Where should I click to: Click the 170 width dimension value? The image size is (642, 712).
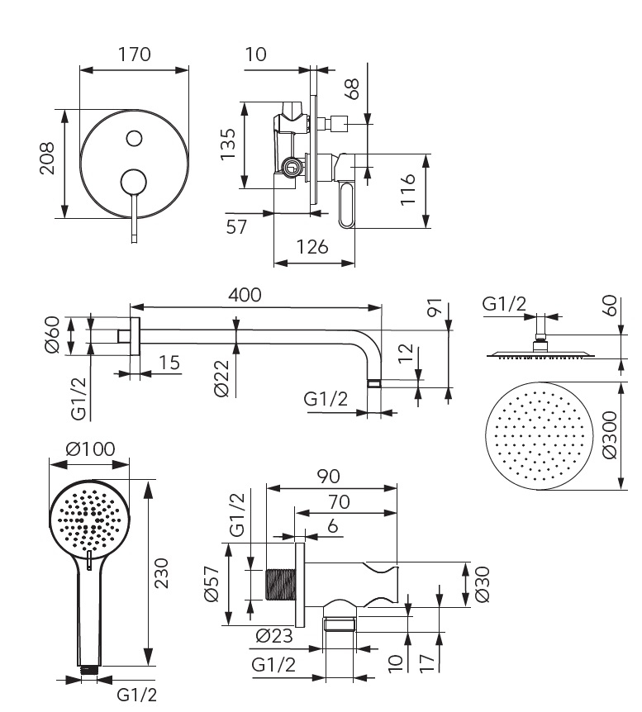coord(134,55)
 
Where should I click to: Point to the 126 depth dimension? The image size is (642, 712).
coord(312,246)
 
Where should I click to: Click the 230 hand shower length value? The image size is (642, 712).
coord(162,572)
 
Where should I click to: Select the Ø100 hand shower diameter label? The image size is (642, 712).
coord(90,450)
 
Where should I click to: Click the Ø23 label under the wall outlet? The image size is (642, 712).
coord(273,635)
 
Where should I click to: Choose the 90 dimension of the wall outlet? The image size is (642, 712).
coord(328,477)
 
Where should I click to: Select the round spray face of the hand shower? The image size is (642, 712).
coord(90,519)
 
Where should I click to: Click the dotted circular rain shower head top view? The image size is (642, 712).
coord(539,436)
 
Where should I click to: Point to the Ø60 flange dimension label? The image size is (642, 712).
coord(50,335)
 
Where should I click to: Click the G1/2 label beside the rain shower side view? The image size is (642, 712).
coord(504,304)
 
